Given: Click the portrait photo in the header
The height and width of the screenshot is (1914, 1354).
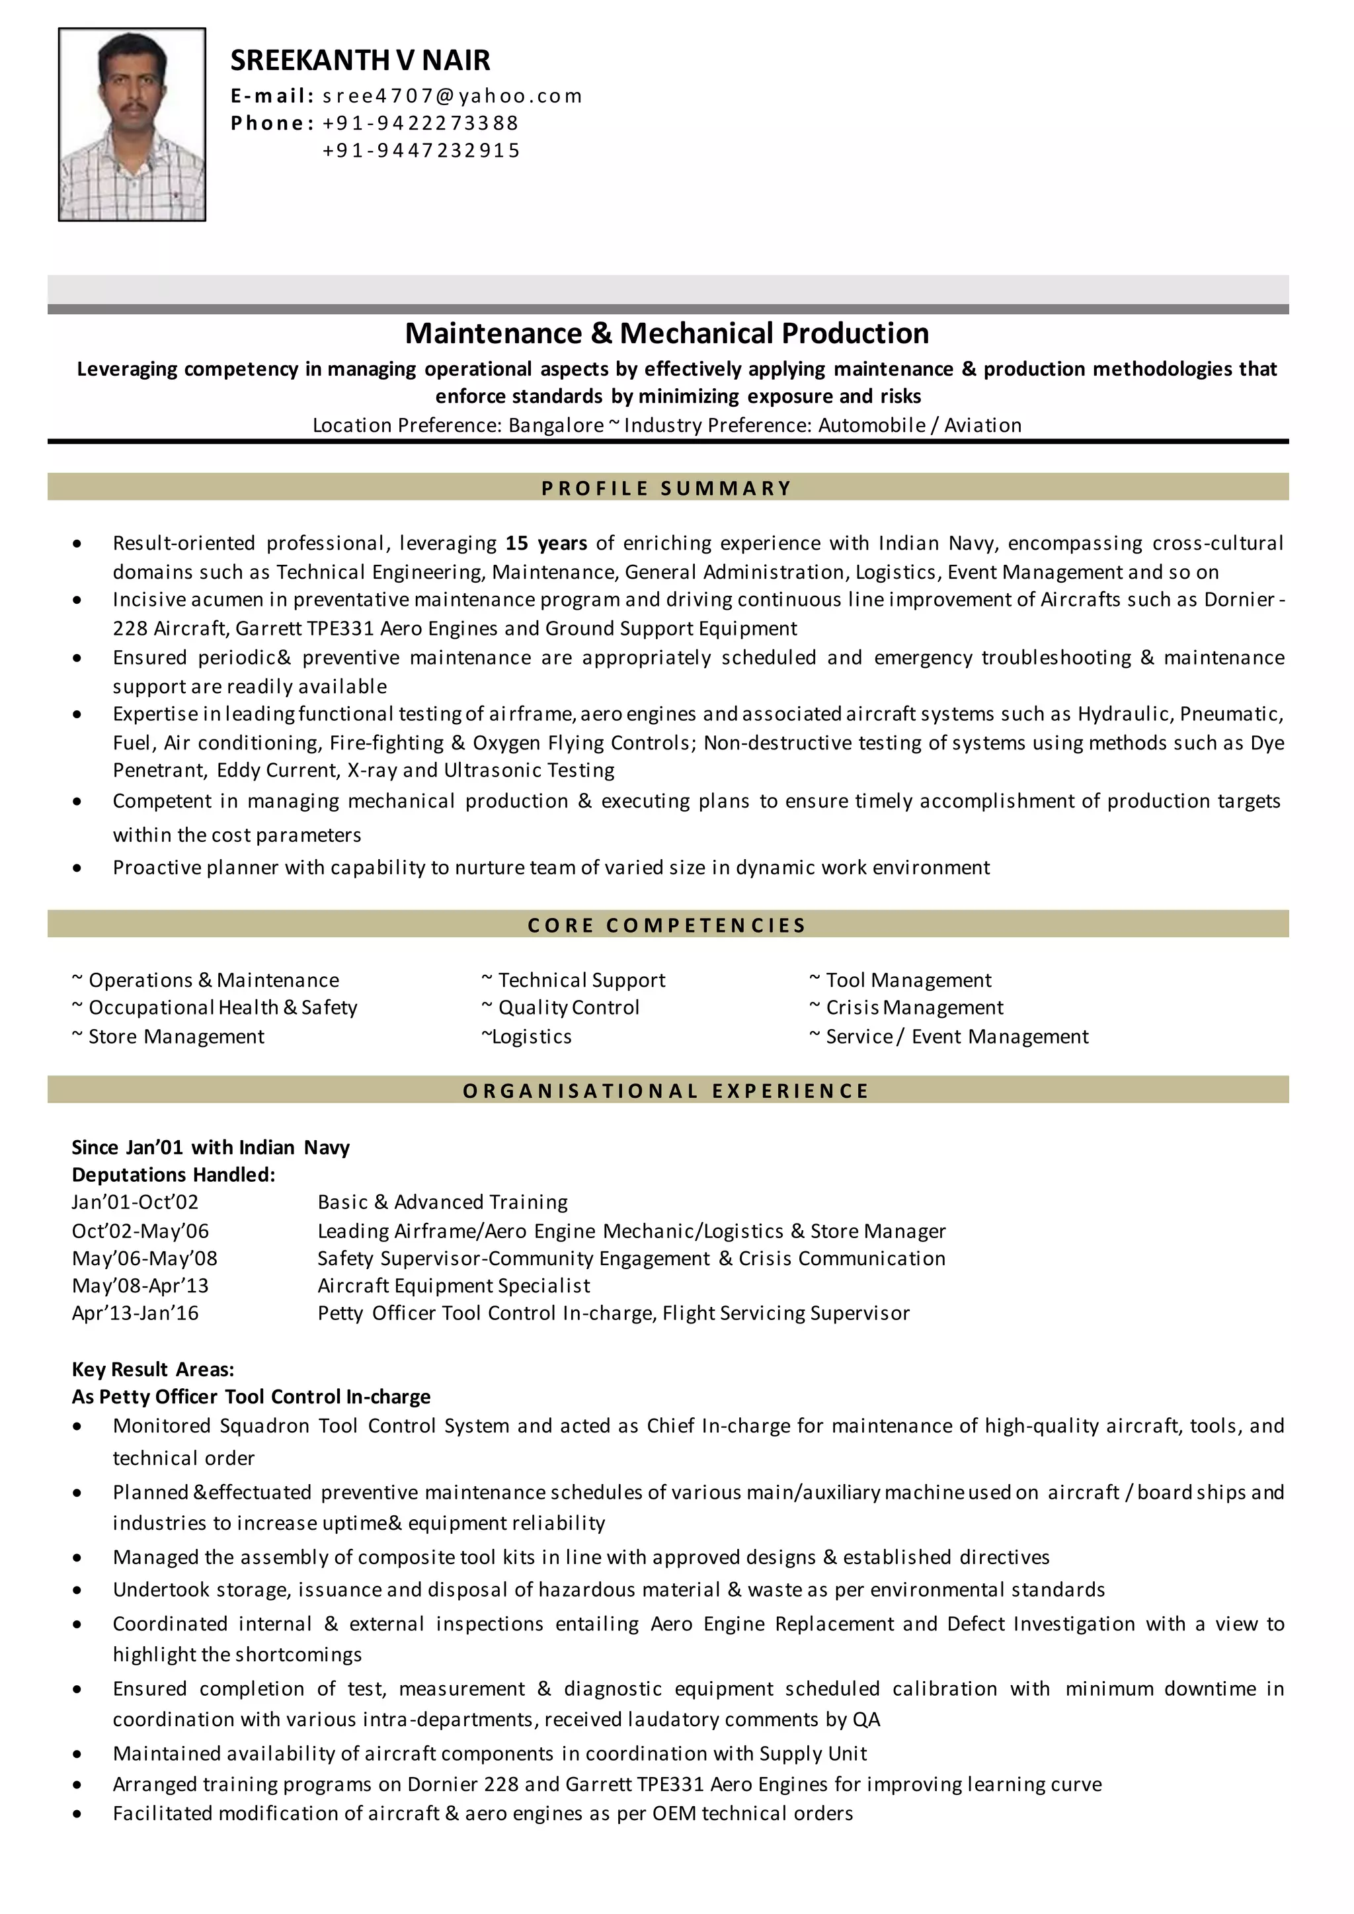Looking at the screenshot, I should pyautogui.click(x=132, y=124).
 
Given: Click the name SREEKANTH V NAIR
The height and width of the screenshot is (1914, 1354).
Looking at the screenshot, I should pyautogui.click(x=360, y=60).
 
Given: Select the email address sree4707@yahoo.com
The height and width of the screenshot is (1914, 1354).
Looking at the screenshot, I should pyautogui.click(x=452, y=96).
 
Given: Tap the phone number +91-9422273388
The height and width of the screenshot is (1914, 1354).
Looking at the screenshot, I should pyautogui.click(x=420, y=124).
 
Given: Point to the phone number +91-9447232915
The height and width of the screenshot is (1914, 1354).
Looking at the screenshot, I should pyautogui.click(x=421, y=151).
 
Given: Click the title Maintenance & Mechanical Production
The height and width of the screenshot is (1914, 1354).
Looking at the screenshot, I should pyautogui.click(x=666, y=333).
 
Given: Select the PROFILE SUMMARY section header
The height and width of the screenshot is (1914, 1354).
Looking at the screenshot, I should pyautogui.click(x=666, y=488).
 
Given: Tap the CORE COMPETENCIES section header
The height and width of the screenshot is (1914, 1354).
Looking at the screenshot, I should pyautogui.click(x=666, y=925).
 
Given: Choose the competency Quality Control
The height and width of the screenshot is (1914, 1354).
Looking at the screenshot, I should pyautogui.click(x=568, y=1007).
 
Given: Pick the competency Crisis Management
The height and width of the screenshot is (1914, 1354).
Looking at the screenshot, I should pyautogui.click(x=914, y=1007).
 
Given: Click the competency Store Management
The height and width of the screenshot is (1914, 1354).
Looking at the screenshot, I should pyautogui.click(x=176, y=1036).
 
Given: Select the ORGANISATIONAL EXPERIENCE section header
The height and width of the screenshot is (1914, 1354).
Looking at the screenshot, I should pyautogui.click(x=666, y=1091).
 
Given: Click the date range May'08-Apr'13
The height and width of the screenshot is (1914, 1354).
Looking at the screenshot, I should pyautogui.click(x=140, y=1286).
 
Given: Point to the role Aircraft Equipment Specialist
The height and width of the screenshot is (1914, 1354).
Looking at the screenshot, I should pyautogui.click(x=454, y=1286).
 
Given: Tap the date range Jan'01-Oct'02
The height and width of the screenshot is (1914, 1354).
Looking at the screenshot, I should pyautogui.click(x=135, y=1202).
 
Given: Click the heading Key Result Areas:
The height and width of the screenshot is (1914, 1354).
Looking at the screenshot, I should pyautogui.click(x=153, y=1370).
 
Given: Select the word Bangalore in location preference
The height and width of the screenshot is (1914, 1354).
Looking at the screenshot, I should pyautogui.click(x=555, y=425).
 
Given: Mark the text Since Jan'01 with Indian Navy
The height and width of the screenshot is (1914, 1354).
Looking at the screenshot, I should pyautogui.click(x=210, y=1147).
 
